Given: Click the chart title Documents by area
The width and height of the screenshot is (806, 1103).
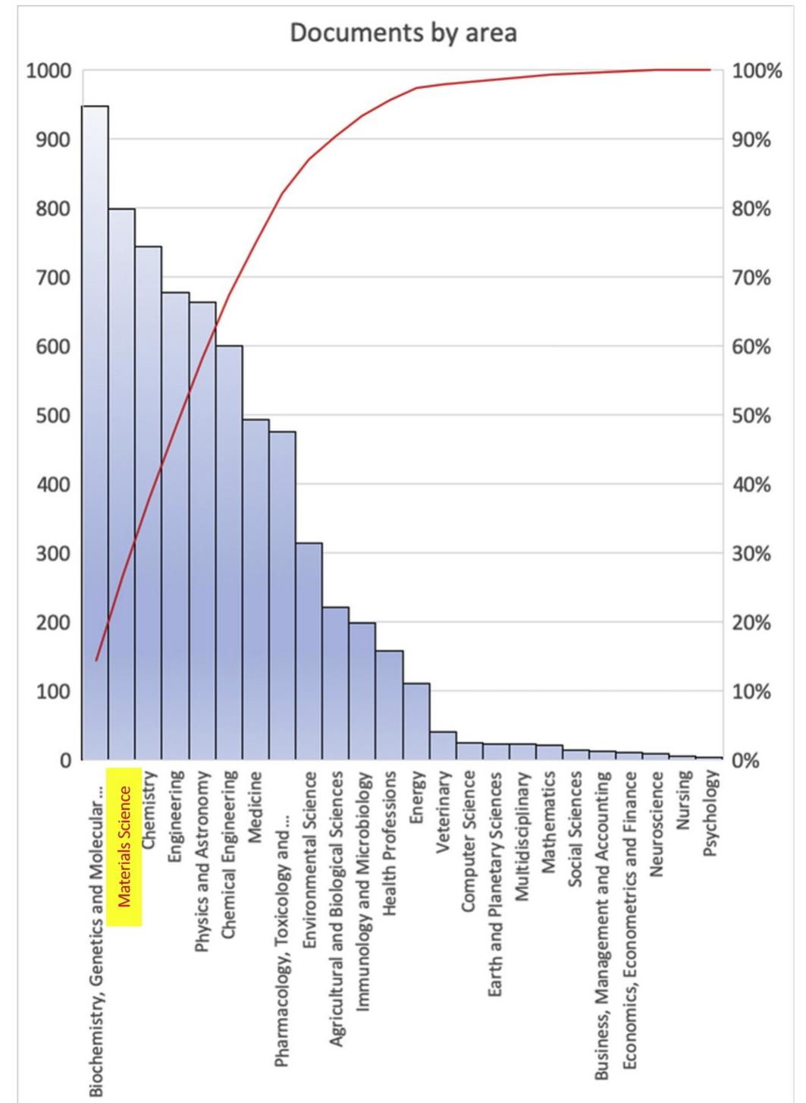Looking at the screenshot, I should coord(403,34).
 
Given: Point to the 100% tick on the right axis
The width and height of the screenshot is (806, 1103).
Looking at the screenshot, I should coord(757,72).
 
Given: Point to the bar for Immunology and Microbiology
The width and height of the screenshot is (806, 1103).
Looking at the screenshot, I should coord(362,690).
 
